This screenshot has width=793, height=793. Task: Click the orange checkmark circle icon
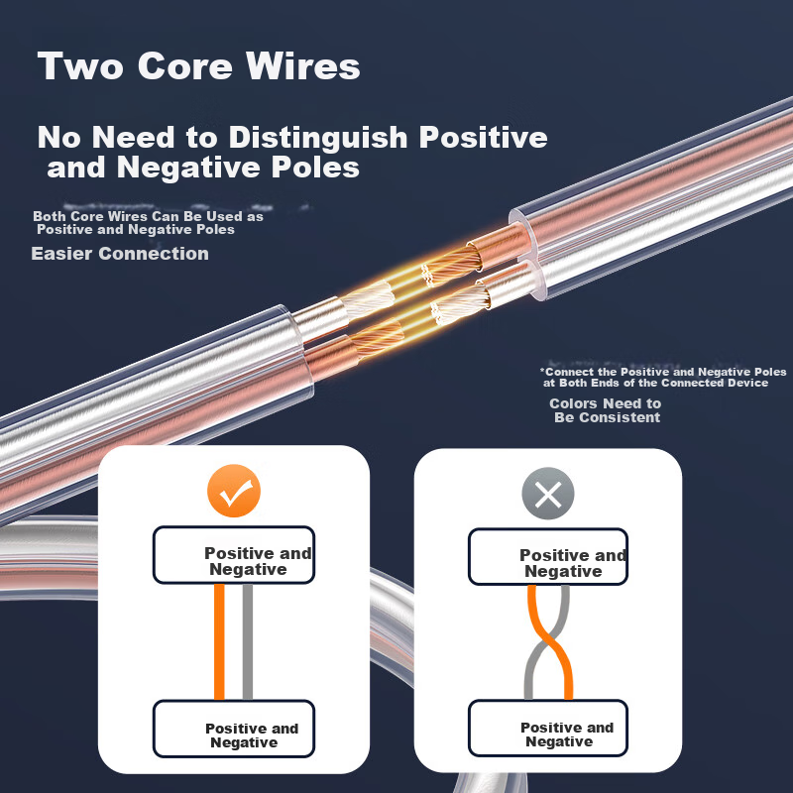tap(234, 491)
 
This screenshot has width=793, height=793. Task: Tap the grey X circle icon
tap(548, 493)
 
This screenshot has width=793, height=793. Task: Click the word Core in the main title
tap(184, 65)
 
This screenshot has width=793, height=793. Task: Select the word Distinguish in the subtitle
tap(318, 137)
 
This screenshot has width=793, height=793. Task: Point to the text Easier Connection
tap(120, 254)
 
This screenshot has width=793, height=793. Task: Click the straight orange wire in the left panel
tap(219, 641)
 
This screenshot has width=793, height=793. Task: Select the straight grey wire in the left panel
tap(247, 641)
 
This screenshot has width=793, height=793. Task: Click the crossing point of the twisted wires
tap(547, 641)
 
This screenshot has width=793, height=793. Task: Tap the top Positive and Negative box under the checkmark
tap(234, 555)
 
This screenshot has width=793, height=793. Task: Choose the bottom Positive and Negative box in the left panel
tap(234, 729)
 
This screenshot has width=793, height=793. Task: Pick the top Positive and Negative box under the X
tap(548, 557)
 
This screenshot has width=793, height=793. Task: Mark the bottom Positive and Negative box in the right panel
tap(548, 729)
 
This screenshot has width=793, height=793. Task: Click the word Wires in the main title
tap(303, 65)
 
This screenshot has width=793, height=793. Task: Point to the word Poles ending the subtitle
tap(315, 167)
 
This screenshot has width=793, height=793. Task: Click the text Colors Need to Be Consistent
tap(606, 410)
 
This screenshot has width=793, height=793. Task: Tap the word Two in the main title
tap(80, 65)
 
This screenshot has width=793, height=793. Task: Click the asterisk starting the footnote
tap(542, 370)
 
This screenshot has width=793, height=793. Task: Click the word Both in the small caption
tap(50, 216)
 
